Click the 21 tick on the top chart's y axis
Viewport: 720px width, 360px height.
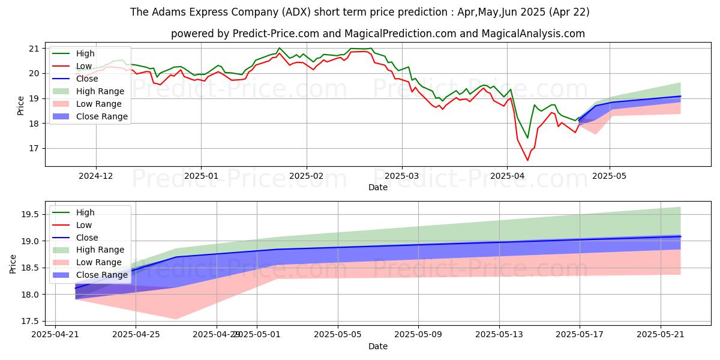pyautogui.click(x=34, y=49)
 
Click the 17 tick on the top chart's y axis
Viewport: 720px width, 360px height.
pyautogui.click(x=34, y=149)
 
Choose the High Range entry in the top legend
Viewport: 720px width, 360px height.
pyautogui.click(x=100, y=91)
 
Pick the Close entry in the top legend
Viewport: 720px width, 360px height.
pyautogui.click(x=88, y=79)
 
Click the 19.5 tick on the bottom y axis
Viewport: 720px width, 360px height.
pyautogui.click(x=30, y=215)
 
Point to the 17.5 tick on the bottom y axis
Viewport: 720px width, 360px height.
pyautogui.click(x=30, y=322)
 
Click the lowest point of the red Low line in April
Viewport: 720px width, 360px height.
pyautogui.click(x=528, y=160)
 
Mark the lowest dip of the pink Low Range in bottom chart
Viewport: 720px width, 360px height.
pyautogui.click(x=176, y=319)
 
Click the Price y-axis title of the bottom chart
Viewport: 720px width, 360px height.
pyautogui.click(x=13, y=263)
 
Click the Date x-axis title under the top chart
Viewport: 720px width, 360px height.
pyautogui.click(x=378, y=188)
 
